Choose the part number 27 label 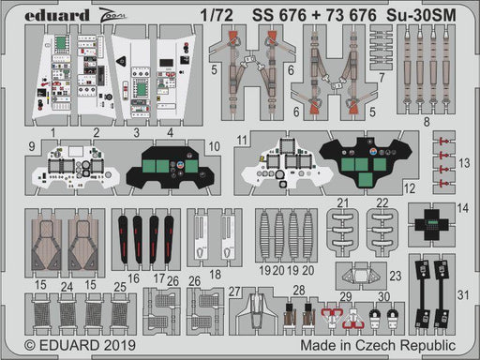(233, 292)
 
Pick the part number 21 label (343, 202)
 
